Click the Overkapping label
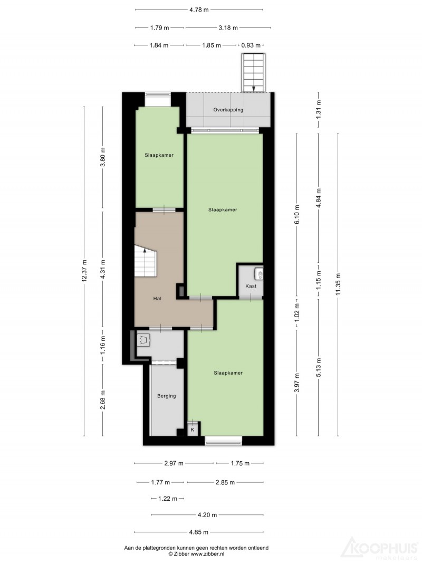click(x=228, y=110)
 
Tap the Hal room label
click(x=157, y=298)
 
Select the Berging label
click(x=167, y=396)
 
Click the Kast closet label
click(x=251, y=286)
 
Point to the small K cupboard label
click(x=193, y=430)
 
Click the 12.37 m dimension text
click(x=85, y=271)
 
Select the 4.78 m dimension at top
click(x=199, y=10)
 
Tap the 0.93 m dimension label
click(x=251, y=45)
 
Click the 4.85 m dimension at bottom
click(x=199, y=532)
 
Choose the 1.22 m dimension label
click(x=168, y=499)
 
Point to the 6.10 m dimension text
click(x=297, y=215)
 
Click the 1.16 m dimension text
click(x=103, y=346)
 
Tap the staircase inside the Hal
click(x=146, y=261)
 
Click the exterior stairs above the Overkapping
click(x=254, y=73)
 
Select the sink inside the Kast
click(x=258, y=274)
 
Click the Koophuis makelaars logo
click(x=380, y=549)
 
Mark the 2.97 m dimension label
click(x=174, y=464)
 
